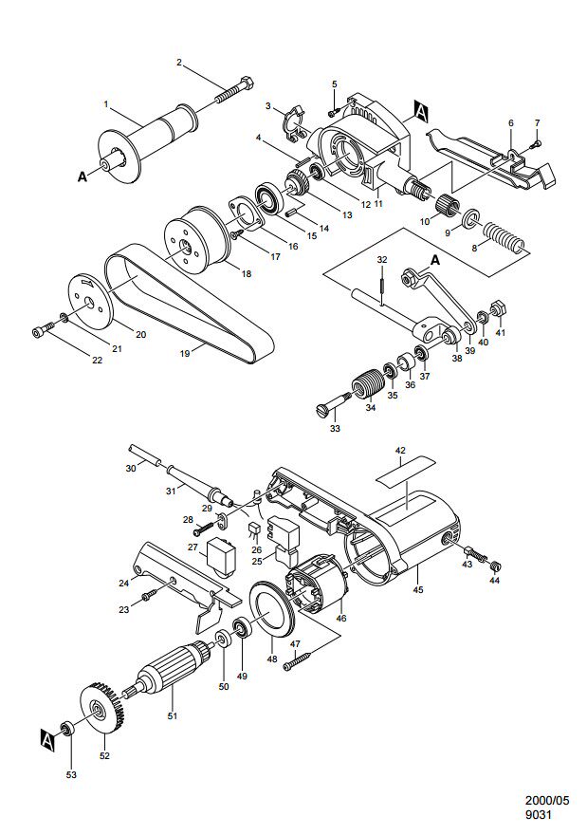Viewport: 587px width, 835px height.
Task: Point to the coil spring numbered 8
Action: [504, 238]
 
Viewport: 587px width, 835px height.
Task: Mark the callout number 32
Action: [381, 259]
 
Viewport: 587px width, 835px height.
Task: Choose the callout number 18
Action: [247, 273]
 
